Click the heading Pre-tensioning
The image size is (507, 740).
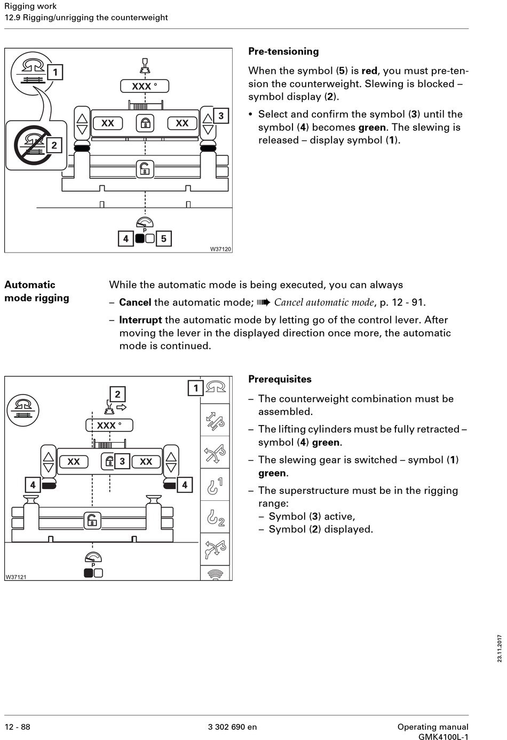[x=283, y=52]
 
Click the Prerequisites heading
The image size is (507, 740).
[x=280, y=380]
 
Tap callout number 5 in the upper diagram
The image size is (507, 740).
[x=164, y=239]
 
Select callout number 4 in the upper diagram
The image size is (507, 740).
[x=125, y=239]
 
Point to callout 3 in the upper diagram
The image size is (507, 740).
[x=220, y=116]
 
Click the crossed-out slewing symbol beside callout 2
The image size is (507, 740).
[x=29, y=145]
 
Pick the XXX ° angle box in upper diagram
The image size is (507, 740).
[x=144, y=86]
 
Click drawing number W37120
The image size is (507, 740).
[x=220, y=249]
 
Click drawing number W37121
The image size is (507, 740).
[x=16, y=577]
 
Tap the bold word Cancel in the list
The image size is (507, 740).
[x=135, y=303]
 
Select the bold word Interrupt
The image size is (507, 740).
[x=140, y=320]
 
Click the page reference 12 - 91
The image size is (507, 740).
[x=408, y=303]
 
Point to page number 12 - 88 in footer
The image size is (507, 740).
[x=18, y=727]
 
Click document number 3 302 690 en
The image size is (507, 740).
[x=232, y=727]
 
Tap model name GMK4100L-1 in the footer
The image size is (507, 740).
[x=443, y=737]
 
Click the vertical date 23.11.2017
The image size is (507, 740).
[x=500, y=648]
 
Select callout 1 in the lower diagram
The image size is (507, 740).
[x=195, y=388]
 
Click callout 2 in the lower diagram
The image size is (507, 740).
[x=117, y=395]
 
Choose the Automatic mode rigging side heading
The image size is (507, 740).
[x=37, y=292]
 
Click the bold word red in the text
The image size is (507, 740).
[x=369, y=71]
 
